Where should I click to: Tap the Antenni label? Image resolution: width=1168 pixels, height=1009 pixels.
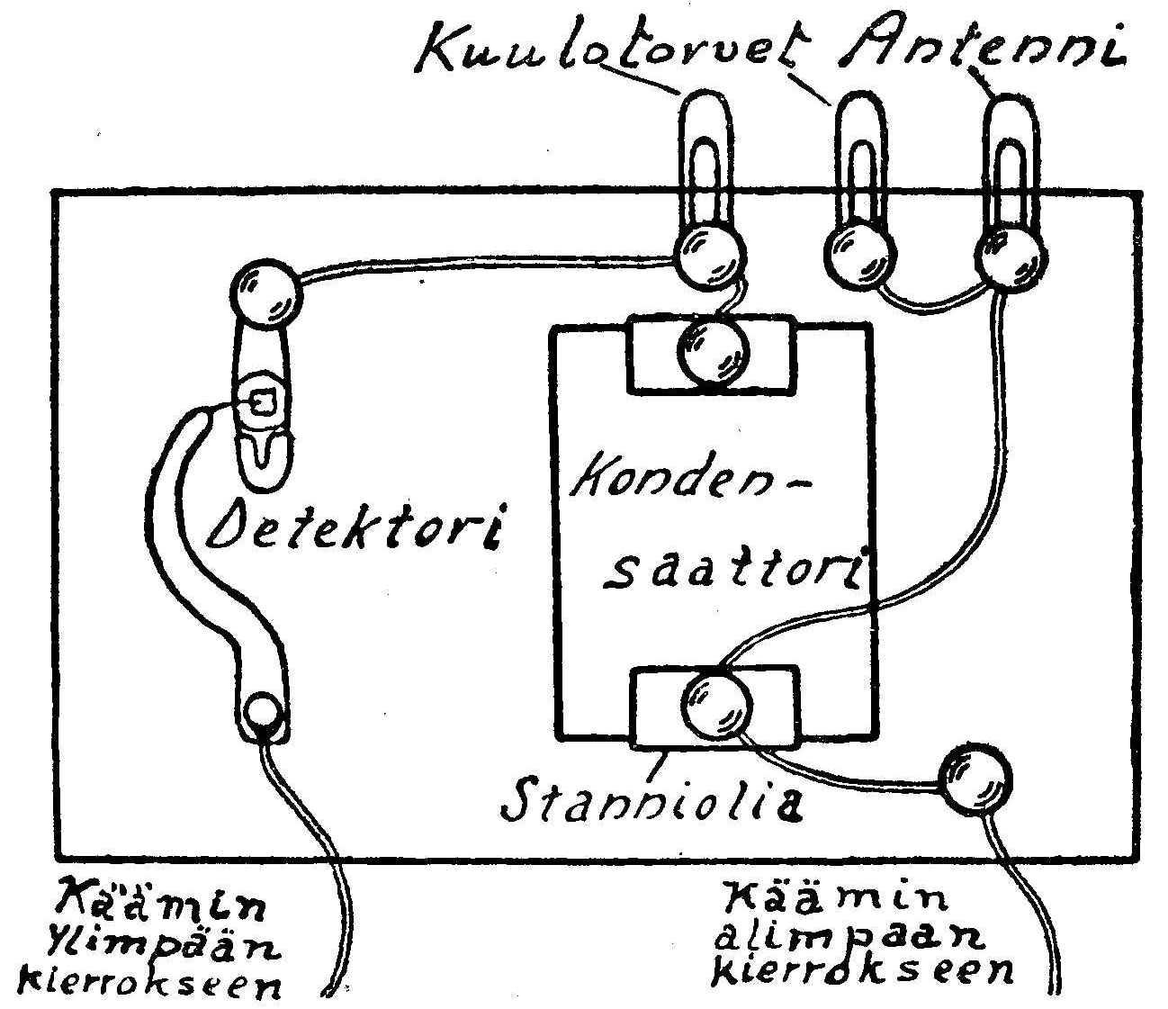981,45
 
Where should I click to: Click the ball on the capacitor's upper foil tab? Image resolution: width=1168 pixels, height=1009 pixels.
713,352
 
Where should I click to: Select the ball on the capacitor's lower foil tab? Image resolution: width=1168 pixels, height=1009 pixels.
716,707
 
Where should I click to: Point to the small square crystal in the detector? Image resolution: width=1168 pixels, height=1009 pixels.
261,404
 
